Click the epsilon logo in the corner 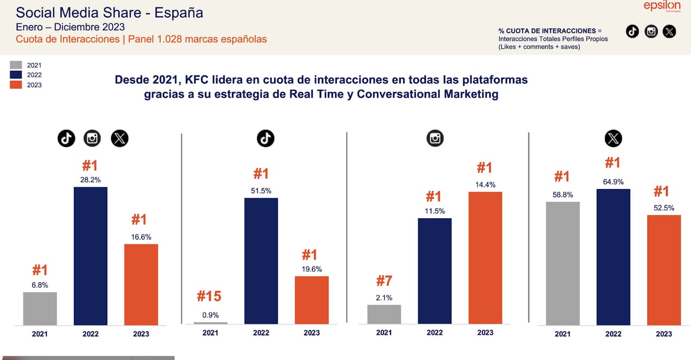(662, 6)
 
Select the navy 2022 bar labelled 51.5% (261, 261)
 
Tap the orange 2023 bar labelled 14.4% (485, 258)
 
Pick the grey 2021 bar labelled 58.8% (563, 263)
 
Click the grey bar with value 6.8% (40, 309)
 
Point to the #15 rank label (209, 296)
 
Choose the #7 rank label (384, 281)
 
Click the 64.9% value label (613, 181)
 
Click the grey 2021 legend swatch (16, 65)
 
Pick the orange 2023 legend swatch (16, 85)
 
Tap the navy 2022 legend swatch (16, 75)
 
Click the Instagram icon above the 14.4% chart (435, 139)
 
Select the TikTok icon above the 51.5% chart (265, 139)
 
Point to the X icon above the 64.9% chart (613, 139)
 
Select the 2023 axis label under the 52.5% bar (664, 334)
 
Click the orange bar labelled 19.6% (312, 301)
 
